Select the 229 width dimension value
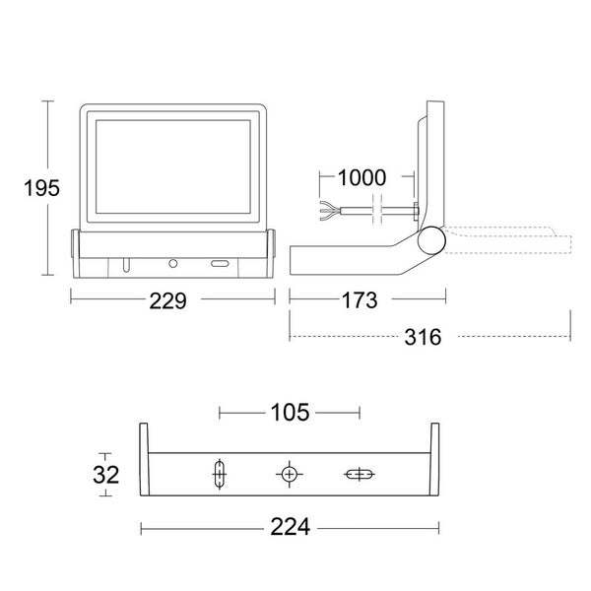click(x=168, y=301)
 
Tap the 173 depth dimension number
click(x=367, y=301)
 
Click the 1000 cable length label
click(x=361, y=178)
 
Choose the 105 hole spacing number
click(x=290, y=412)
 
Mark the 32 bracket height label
click(x=105, y=475)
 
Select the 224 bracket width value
click(x=290, y=528)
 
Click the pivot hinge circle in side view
click(x=428, y=241)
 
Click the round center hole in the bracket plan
click(x=289, y=475)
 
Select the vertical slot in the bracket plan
click(x=219, y=475)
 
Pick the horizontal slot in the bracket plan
click(x=358, y=475)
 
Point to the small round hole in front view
click(x=173, y=264)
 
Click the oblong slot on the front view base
click(x=219, y=264)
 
